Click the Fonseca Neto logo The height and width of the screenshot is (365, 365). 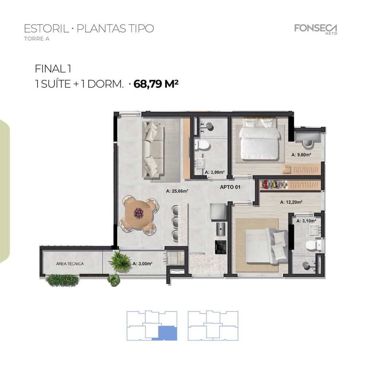click(316, 28)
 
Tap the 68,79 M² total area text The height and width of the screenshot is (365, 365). click(156, 84)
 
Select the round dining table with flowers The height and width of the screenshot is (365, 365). click(138, 214)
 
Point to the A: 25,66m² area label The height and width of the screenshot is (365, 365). click(177, 191)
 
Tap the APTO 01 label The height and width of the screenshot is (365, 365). click(230, 187)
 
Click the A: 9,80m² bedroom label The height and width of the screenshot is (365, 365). click(301, 155)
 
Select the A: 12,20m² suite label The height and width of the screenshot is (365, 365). click(291, 201)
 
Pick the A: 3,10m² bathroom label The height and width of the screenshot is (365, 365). click(306, 221)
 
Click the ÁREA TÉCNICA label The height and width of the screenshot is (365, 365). click(70, 264)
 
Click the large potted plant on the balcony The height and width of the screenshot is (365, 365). click(119, 261)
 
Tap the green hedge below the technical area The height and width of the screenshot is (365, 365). click(63, 280)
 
